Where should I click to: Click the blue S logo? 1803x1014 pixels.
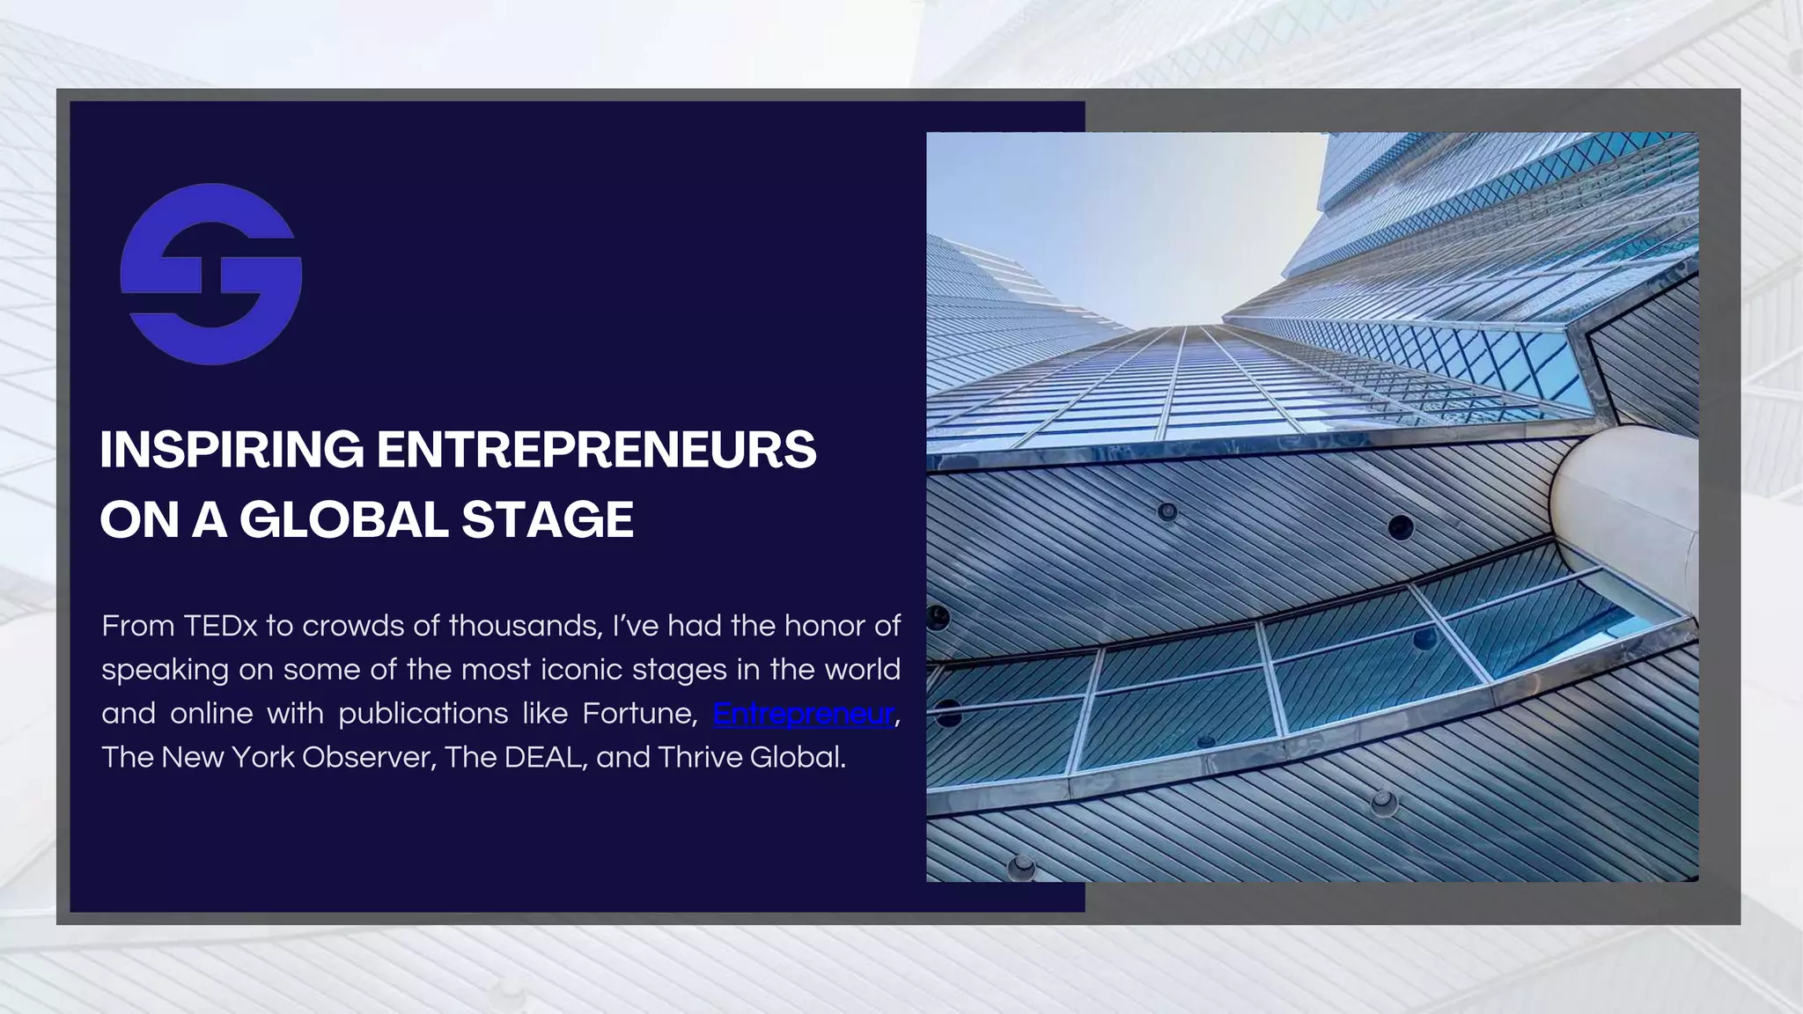coord(211,274)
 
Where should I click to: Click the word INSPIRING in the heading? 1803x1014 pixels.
coord(232,450)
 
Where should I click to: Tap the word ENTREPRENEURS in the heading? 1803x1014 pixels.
coord(596,450)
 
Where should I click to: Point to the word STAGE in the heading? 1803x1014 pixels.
coord(547,519)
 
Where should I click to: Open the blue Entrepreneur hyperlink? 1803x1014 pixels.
coord(803,713)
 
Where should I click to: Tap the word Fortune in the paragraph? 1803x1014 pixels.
coord(640,713)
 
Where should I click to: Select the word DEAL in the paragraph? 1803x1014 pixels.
coord(545,757)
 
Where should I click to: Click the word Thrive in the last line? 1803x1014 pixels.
coord(700,757)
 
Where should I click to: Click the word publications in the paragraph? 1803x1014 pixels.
coord(423,713)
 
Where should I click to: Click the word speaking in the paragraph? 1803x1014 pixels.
coord(164,671)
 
